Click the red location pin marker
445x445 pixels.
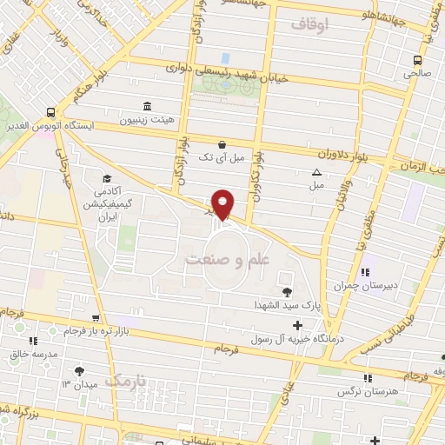[x=223, y=203]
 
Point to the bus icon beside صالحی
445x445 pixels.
[x=418, y=60]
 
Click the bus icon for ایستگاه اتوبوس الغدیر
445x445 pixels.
[x=51, y=112]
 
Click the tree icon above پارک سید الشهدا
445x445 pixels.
[x=288, y=291]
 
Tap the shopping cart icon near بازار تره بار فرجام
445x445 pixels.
[x=96, y=318]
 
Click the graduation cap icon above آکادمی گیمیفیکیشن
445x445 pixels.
[x=107, y=177]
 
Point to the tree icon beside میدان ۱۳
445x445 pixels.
[x=80, y=370]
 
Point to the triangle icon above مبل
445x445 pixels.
[x=316, y=172]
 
